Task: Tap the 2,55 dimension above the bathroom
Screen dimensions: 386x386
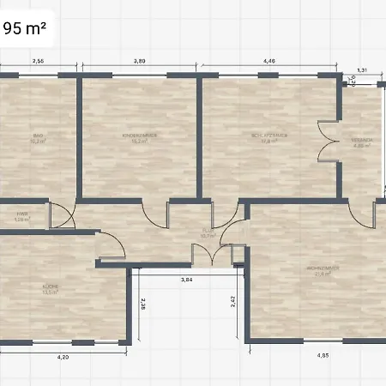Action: coord(39,61)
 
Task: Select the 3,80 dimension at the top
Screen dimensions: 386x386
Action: coord(139,61)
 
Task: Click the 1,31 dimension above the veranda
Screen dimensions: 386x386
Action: coord(362,70)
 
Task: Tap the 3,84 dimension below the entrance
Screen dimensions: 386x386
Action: coord(186,280)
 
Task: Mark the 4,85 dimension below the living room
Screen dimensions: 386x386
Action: coord(323,355)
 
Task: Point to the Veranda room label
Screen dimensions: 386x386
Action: coord(361,142)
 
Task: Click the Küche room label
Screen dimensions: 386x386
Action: coord(51,287)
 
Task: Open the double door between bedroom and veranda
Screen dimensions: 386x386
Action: coord(326,142)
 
